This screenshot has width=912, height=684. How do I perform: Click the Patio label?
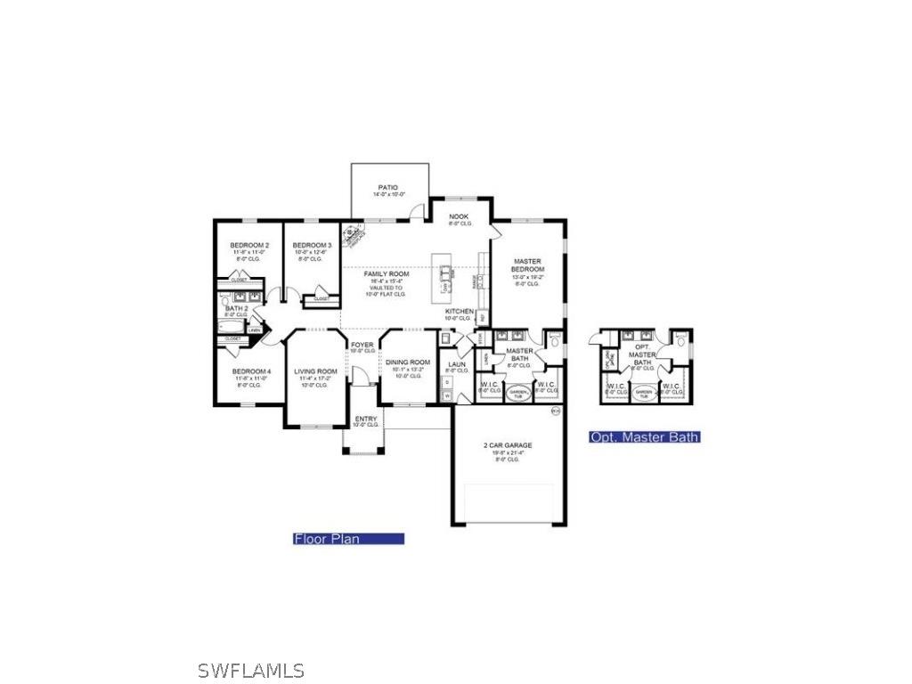point(387,188)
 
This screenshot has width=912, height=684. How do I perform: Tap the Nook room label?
point(459,216)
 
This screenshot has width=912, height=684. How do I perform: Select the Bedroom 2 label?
point(249,245)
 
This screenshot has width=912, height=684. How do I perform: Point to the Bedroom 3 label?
point(312,245)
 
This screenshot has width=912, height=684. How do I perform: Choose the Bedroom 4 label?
point(250,371)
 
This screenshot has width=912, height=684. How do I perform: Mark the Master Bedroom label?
point(527,265)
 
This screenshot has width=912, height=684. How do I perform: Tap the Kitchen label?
point(460,311)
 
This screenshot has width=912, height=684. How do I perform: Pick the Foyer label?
point(362,344)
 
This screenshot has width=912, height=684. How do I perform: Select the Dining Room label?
point(407,362)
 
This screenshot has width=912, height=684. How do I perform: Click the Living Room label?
point(316,371)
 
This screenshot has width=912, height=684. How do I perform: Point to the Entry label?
point(365,419)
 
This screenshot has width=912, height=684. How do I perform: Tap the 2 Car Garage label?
point(508,445)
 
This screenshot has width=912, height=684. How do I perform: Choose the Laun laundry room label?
point(457,363)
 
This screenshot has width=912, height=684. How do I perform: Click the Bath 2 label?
point(236,308)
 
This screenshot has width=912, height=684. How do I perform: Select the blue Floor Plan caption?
point(348,539)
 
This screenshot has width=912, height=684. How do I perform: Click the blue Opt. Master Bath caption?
point(644,437)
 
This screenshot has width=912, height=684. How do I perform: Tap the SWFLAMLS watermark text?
point(250,671)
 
